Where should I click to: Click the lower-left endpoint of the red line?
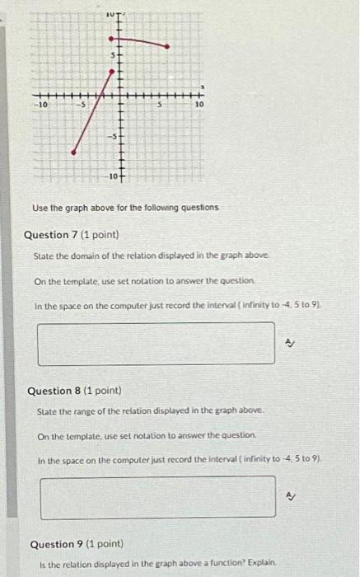pos(74,152)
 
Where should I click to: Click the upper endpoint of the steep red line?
pos(112,73)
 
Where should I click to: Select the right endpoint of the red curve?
pos(168,47)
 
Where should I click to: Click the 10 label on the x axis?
pos(199,106)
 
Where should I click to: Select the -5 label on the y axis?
pos(115,134)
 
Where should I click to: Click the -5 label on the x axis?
pos(82,106)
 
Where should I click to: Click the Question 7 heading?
pos(68,235)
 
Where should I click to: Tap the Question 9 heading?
pos(77,544)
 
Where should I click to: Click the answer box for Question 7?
pos(156,343)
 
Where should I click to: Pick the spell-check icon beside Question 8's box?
pos(291,497)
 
